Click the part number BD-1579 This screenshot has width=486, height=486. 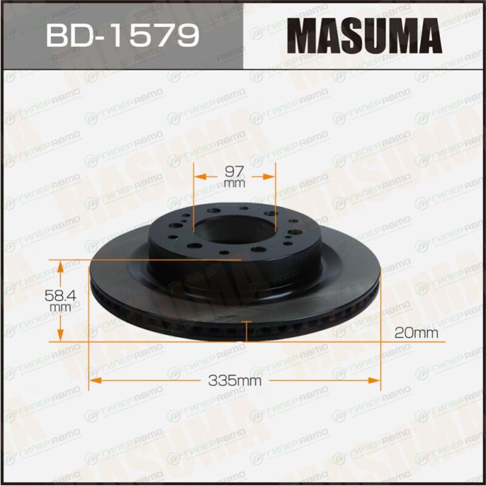pyautogui.click(x=123, y=36)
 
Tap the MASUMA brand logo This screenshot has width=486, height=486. pyautogui.click(x=364, y=36)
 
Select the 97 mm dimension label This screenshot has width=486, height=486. pyautogui.click(x=234, y=177)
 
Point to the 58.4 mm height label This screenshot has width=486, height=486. pyautogui.click(x=60, y=300)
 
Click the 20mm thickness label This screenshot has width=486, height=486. pyautogui.click(x=416, y=333)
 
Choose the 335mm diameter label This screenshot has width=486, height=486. pyautogui.click(x=234, y=380)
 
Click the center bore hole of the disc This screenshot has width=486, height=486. pyautogui.click(x=234, y=230)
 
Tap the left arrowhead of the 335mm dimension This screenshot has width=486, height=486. pyautogui.click(x=95, y=380)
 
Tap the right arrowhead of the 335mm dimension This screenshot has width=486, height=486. pyautogui.click(x=374, y=380)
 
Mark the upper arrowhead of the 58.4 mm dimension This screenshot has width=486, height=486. pyautogui.click(x=60, y=267)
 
